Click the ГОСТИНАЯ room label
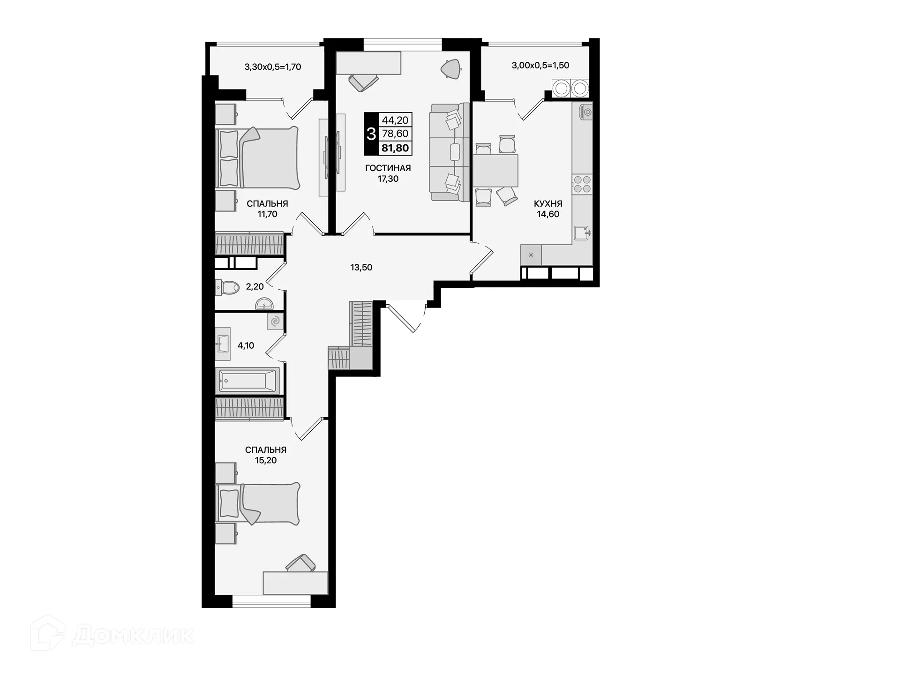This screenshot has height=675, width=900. pos(388,168)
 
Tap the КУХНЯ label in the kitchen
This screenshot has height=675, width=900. pos(547,204)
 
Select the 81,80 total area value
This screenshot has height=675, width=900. pos(395,148)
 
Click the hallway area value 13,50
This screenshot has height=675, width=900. pos(361,268)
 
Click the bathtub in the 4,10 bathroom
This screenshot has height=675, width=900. pos(247,380)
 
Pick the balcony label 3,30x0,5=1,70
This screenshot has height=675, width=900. pos(272,67)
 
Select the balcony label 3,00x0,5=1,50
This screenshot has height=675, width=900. pos(540,65)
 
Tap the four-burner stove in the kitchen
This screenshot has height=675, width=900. pos(582,184)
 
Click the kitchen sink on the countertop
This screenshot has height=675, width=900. pos(582,232)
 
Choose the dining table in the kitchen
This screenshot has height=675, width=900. pos(495,171)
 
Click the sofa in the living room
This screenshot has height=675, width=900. pos(450,152)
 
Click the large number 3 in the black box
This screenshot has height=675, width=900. pos(371,134)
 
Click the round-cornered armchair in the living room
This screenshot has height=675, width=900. pos(451,69)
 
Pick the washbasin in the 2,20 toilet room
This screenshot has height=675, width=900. pos(265,305)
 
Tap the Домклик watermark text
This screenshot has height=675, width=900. pos(133,636)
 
